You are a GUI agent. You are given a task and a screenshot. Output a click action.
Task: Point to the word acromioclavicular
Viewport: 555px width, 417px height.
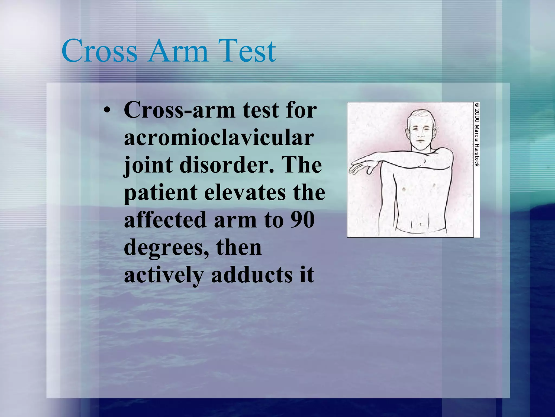(219, 138)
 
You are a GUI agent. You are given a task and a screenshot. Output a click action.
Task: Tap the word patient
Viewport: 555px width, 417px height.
(161, 193)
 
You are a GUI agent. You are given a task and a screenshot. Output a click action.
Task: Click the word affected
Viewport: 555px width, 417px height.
(166, 220)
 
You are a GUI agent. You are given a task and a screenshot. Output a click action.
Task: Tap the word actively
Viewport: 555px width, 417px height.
(163, 275)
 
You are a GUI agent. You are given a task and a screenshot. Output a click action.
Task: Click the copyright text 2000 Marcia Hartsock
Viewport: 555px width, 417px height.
(477, 134)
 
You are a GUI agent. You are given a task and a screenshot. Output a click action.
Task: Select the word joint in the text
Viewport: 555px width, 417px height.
(148, 165)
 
